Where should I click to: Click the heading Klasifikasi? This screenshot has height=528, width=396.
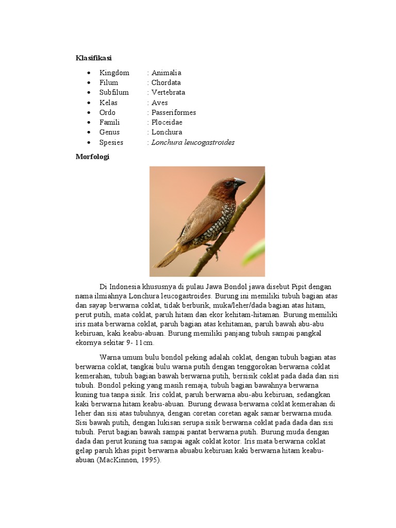click(x=94, y=58)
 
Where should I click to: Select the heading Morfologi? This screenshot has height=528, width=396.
click(x=92, y=157)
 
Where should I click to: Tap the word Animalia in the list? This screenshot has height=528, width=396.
click(x=166, y=73)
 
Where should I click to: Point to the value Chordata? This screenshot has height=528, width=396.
click(x=166, y=82)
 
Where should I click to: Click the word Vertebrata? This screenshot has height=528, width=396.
click(x=168, y=92)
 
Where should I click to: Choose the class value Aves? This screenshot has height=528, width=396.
click(x=160, y=103)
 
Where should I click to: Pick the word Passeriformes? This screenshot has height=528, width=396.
click(x=173, y=112)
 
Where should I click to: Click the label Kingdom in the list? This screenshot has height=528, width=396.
click(x=114, y=73)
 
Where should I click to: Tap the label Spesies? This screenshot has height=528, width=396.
click(x=111, y=142)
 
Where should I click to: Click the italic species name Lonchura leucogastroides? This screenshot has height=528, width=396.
click(x=193, y=142)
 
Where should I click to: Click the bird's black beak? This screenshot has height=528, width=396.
click(x=239, y=182)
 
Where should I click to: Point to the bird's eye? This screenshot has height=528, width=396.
click(x=227, y=183)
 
